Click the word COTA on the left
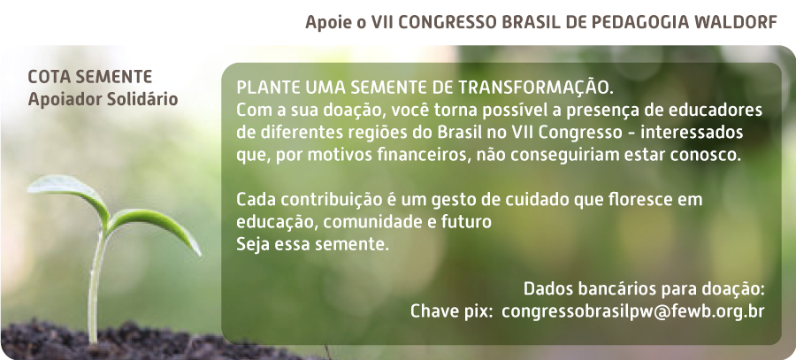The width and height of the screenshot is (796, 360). [45, 77]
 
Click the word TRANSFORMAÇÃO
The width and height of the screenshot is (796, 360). [536, 87]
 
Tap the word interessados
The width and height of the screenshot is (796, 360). [693, 132]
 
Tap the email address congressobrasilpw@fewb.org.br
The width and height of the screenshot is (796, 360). [632, 311]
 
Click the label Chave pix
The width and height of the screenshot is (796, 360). [451, 311]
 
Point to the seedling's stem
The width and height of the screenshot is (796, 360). [95, 284]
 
